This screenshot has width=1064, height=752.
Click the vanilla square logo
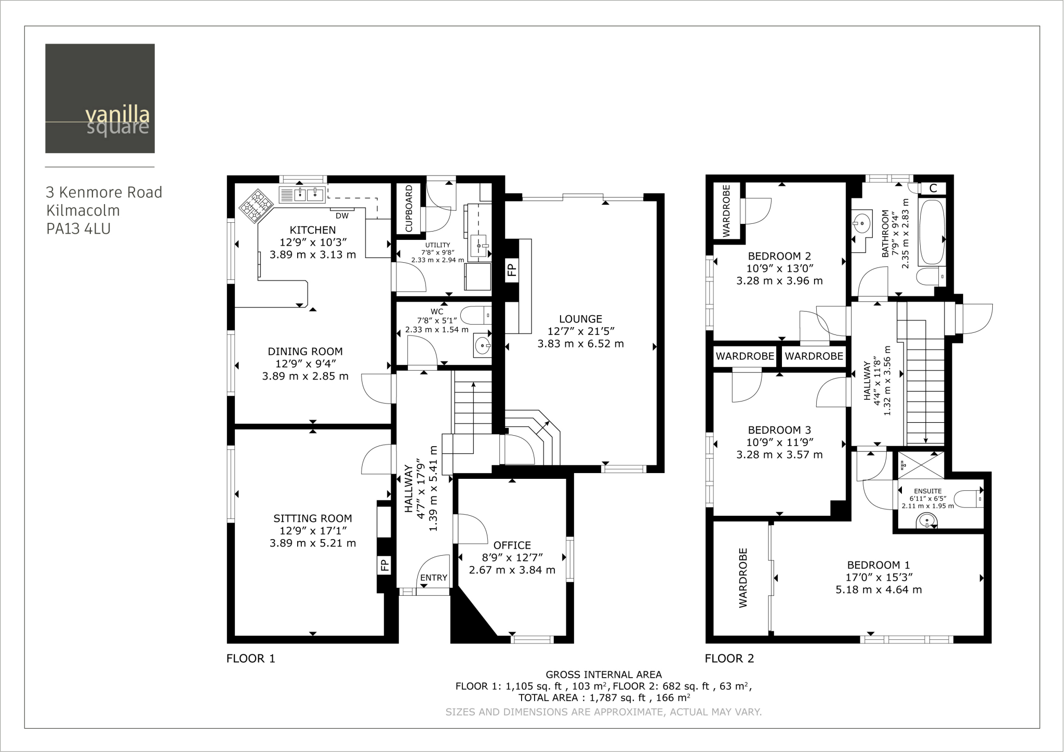100,98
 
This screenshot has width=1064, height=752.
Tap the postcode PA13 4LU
78,229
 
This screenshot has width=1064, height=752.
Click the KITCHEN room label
313,230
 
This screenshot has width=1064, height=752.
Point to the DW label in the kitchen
342,216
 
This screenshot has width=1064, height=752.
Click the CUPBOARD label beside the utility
409,208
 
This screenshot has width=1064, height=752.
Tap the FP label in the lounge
512,270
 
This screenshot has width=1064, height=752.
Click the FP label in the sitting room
384,565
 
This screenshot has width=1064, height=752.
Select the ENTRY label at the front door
434,578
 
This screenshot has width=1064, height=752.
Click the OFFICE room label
512,545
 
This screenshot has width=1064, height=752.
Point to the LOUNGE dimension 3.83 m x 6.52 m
581,344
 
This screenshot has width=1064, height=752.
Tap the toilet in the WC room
475,315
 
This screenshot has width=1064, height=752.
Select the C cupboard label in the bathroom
933,189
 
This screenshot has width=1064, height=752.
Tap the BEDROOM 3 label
779,430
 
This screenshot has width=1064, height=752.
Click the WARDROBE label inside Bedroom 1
743,578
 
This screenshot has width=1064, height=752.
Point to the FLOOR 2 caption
729,659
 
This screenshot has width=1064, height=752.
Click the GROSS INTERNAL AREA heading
604,675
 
